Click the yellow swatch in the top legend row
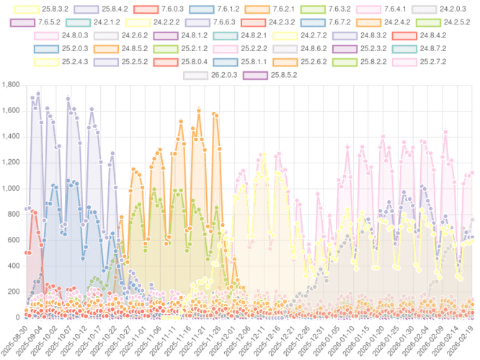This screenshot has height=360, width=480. tap(27, 9)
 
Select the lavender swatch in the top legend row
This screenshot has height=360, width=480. tap(86, 9)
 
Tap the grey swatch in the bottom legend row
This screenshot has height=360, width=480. tap(195, 75)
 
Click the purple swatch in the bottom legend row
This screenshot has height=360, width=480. tap(254, 75)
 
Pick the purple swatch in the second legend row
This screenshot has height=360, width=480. tap(22, 22)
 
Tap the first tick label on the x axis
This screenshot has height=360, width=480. tap(19, 333)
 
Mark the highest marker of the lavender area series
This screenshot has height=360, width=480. tap(37, 94)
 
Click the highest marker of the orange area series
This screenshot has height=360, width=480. tap(199, 110)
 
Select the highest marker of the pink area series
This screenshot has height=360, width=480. tap(446, 131)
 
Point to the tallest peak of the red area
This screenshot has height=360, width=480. tap(30, 209)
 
